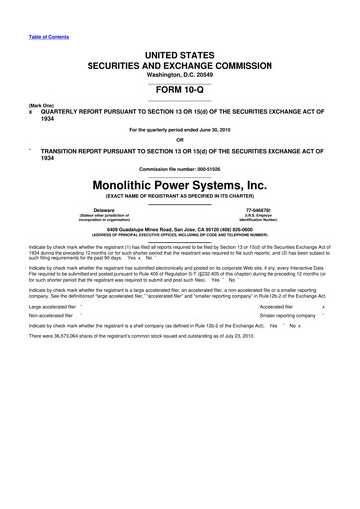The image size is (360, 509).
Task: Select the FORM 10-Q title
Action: [180, 85]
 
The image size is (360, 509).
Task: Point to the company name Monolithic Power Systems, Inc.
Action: [180, 184]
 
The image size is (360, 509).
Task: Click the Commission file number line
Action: [180, 168]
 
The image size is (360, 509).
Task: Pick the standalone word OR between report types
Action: [180, 137]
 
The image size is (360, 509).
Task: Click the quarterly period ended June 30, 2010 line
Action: [180, 127]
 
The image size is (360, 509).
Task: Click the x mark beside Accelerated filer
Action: [337, 308]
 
